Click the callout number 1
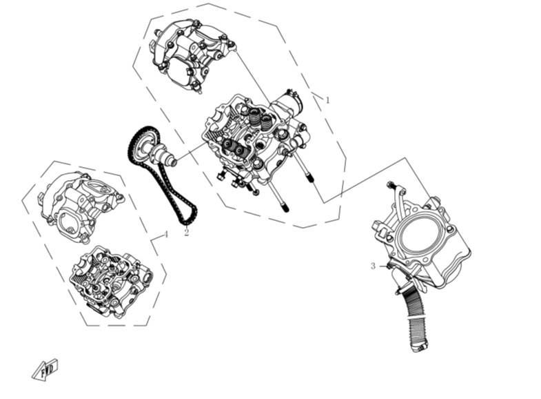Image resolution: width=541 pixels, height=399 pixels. pos(327,100)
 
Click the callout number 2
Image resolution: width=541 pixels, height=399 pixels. pos(187,233)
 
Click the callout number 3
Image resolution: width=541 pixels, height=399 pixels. pos(373,266)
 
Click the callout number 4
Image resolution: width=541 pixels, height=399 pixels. pos(165,235)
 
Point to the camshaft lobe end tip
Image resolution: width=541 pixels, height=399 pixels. pos(174,162)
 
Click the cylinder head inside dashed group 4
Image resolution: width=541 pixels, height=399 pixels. pos(110,281)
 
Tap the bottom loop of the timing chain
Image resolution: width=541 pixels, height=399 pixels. pos(188,217)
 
